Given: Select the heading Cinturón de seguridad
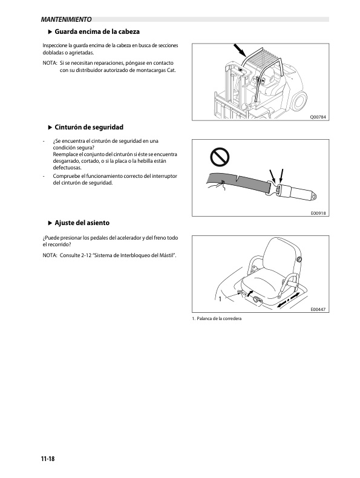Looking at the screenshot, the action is tap(89, 127).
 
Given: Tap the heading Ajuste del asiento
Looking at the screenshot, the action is tap(82, 223).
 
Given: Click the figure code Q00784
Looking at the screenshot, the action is tap(318, 117).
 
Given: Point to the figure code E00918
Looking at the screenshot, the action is tap(318, 213).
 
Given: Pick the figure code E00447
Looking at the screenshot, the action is tap(318, 309).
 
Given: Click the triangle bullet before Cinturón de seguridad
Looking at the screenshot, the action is tap(50, 128).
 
